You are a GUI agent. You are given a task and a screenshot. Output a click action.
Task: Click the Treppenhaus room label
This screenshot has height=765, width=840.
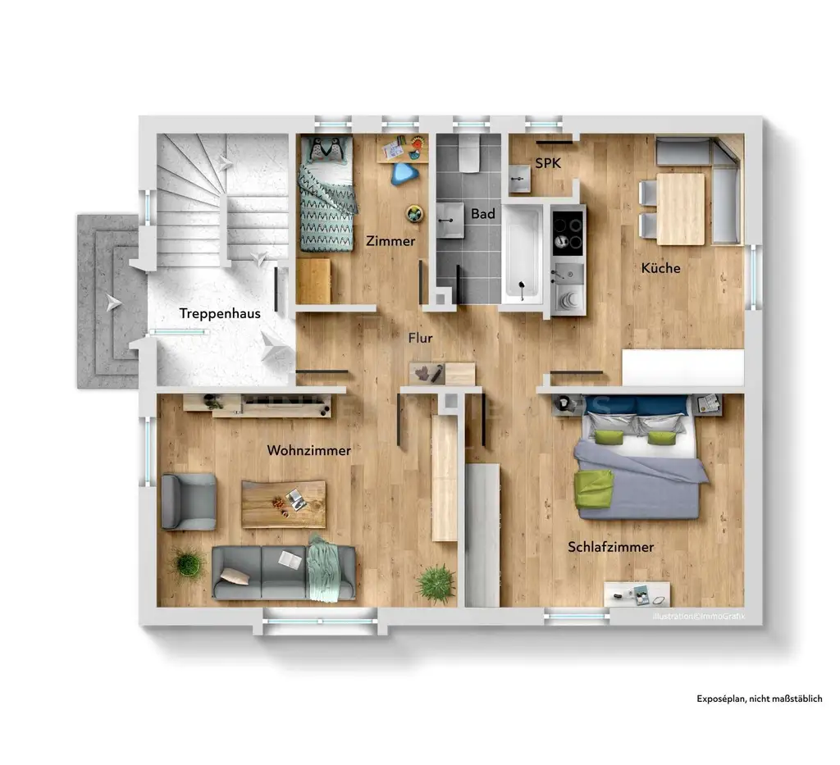[220, 313]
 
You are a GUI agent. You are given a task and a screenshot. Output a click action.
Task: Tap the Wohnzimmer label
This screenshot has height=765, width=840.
[309, 451]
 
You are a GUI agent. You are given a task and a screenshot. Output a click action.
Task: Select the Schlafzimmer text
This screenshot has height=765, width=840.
[610, 547]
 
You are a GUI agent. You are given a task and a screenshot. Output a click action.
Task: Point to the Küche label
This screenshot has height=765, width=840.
[660, 268]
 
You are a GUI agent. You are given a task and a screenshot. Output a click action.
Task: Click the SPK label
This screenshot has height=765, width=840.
[548, 163]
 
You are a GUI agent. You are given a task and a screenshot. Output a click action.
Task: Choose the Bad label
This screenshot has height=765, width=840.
[482, 214]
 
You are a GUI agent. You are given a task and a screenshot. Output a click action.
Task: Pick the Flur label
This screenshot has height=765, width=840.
[421, 338]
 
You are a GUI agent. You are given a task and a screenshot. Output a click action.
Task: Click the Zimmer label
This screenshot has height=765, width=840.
[390, 242]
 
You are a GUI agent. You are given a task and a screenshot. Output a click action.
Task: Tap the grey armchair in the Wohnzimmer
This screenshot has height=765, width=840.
[189, 501]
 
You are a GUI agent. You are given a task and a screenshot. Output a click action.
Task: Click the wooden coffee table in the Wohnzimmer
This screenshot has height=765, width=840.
[283, 503]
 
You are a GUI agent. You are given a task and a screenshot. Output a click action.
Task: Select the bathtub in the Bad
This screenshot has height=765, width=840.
[523, 254]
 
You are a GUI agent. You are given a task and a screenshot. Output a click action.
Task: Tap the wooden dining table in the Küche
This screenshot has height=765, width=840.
[681, 208]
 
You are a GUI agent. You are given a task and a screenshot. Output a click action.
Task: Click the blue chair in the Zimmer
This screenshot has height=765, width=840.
[403, 172]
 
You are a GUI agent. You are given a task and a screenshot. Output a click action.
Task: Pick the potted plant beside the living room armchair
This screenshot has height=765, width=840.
[188, 562]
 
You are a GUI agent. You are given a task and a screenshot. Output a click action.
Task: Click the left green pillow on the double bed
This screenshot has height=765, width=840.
[609, 436]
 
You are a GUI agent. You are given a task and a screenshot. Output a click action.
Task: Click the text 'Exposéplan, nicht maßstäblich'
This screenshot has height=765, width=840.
[759, 699]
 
